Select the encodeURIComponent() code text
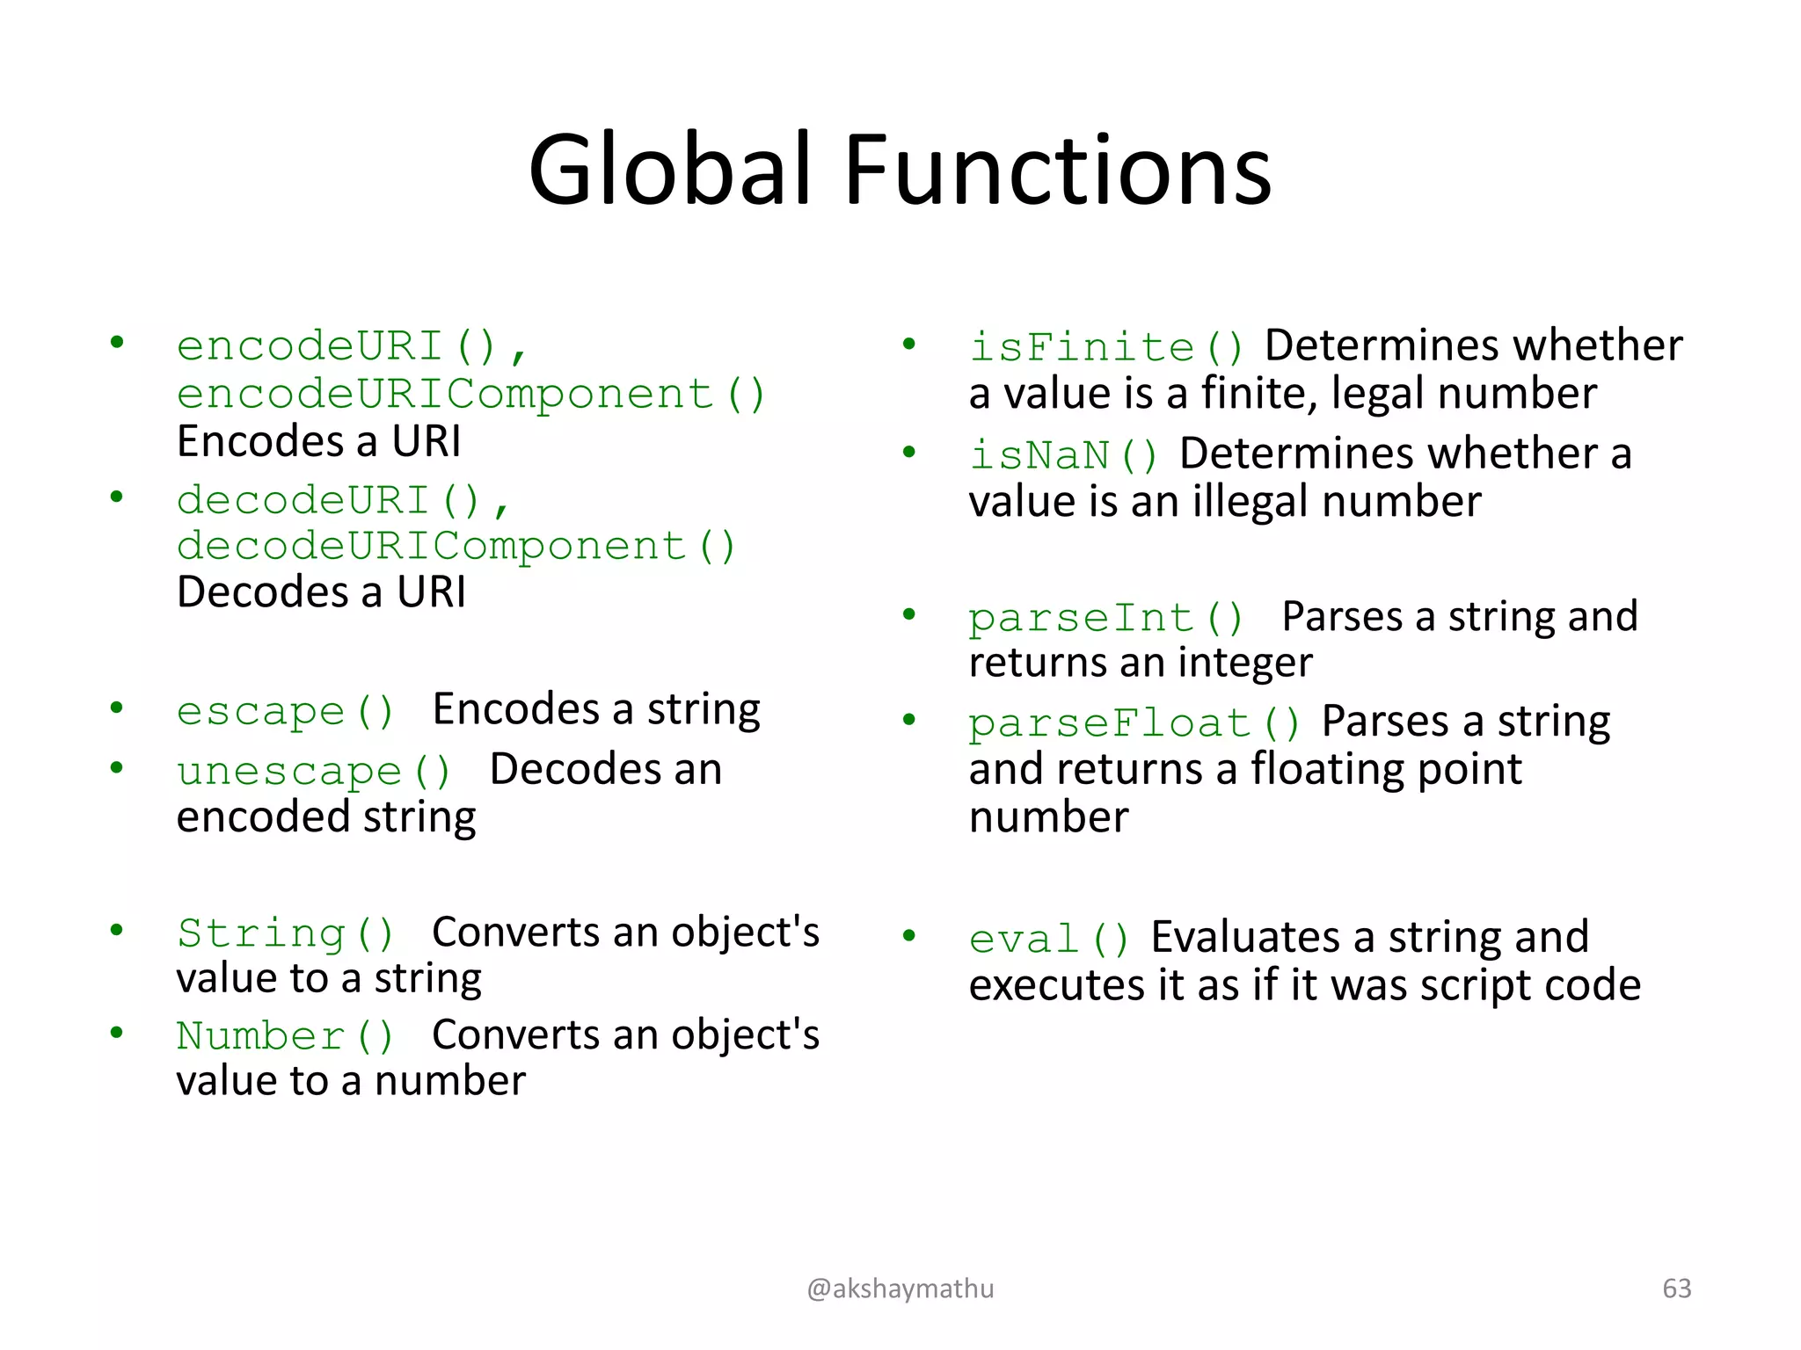[x=471, y=394]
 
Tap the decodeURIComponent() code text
[x=456, y=546]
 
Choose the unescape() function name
[x=313, y=772]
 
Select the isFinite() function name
[x=1106, y=346]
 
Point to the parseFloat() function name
[x=1134, y=723]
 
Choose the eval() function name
[x=1049, y=939]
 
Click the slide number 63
[x=1677, y=1288]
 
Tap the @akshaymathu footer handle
[x=900, y=1288]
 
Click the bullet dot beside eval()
[x=909, y=935]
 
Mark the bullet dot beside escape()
[x=116, y=708]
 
